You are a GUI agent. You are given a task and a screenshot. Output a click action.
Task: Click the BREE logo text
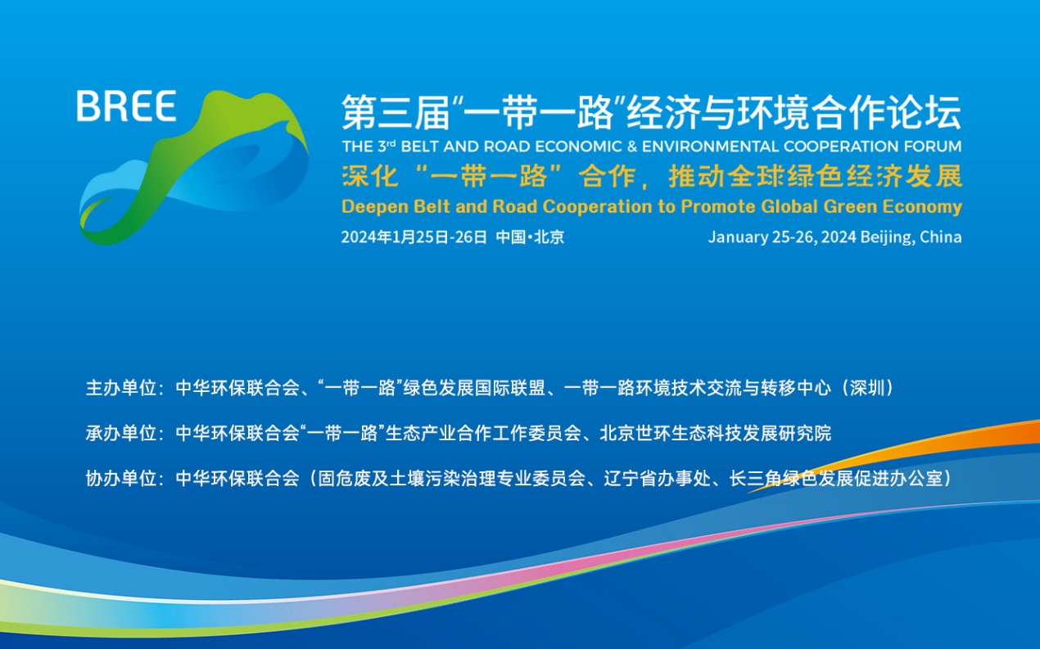[126, 106]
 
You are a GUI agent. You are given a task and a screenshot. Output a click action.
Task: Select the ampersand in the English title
[632, 146]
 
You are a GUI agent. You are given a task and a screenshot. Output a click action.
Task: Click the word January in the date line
[738, 237]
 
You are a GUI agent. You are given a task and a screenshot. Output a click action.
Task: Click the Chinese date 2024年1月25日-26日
[414, 237]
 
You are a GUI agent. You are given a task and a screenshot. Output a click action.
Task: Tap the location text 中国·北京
[530, 237]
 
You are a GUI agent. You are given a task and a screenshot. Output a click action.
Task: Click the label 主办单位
[120, 388]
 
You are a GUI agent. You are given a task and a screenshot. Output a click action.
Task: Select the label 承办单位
[120, 433]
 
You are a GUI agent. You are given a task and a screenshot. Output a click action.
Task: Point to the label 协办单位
[120, 478]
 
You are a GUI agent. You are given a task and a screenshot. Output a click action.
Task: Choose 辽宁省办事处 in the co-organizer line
[657, 478]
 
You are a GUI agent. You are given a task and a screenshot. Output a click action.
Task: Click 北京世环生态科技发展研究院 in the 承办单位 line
[716, 433]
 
